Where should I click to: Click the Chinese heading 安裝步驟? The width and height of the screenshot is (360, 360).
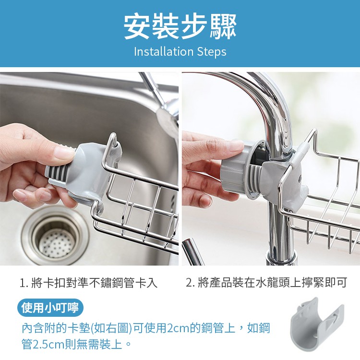click(180, 27)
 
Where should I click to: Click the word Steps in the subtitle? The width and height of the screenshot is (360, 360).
click(212, 52)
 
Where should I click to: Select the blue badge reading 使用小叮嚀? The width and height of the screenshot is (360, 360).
click(50, 307)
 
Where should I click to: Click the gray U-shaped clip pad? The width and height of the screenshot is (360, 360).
click(317, 326)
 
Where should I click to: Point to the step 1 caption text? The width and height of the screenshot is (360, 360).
click(89, 282)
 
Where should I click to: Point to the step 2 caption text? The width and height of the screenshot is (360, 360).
click(266, 282)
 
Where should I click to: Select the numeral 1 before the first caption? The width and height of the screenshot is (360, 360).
click(22, 283)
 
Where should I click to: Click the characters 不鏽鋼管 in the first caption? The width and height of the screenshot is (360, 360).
click(112, 282)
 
